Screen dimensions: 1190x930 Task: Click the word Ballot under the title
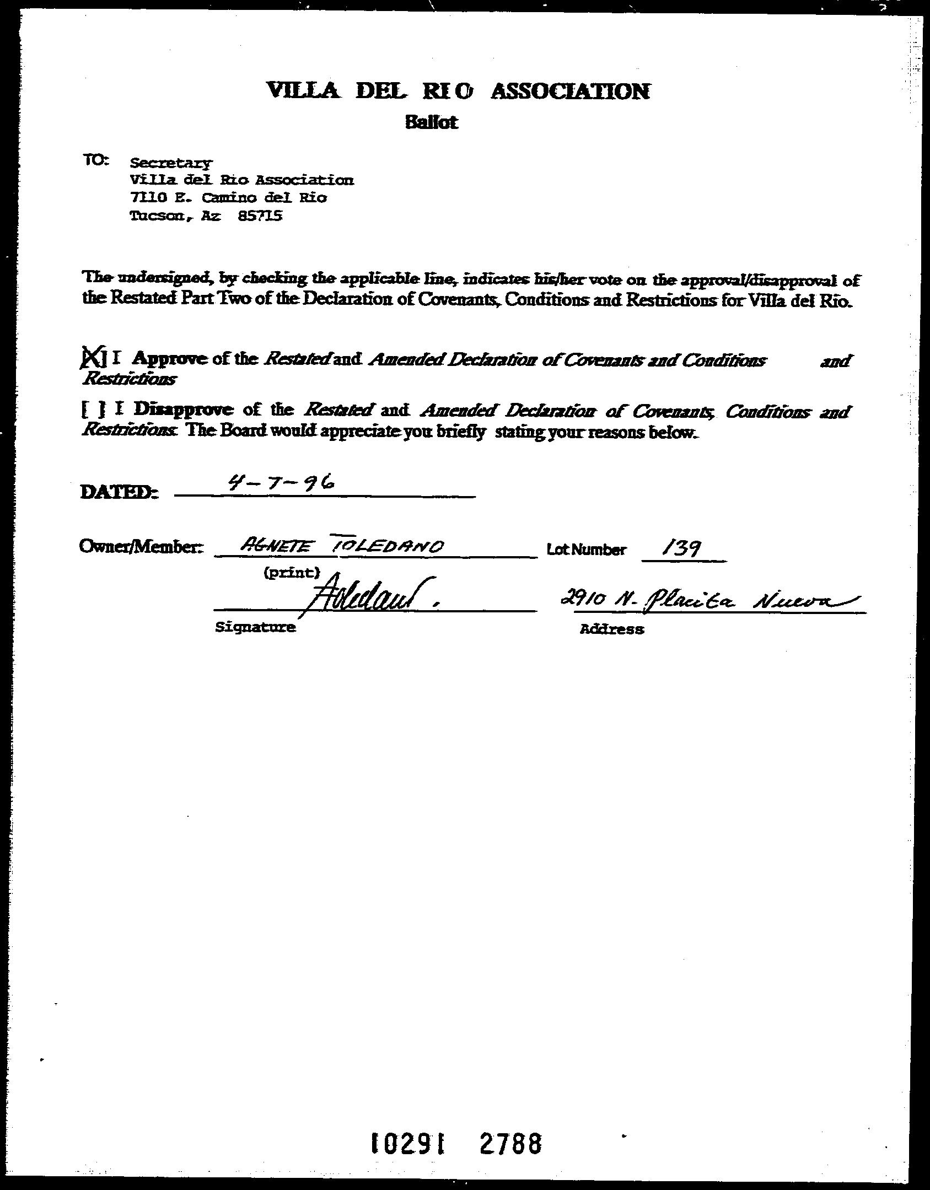[431, 122]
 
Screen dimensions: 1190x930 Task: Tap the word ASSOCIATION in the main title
[570, 91]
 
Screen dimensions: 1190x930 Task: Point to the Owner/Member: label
[142, 547]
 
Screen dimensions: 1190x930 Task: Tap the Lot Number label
[587, 550]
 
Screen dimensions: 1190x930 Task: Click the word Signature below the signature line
[255, 627]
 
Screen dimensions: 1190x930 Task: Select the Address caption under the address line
[611, 629]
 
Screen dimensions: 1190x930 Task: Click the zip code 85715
[260, 216]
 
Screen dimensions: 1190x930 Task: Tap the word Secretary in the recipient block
[170, 163]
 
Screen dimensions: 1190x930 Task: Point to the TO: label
[96, 160]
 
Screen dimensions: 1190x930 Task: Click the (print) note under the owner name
[292, 573]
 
